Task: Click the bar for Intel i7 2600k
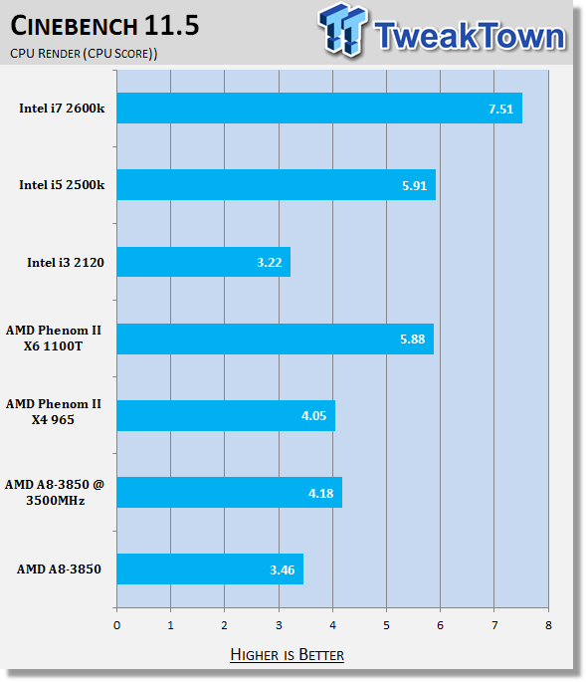pyautogui.click(x=319, y=108)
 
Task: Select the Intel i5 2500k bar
pyautogui.click(x=276, y=185)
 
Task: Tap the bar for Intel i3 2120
pyautogui.click(x=203, y=262)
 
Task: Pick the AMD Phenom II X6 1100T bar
pyautogui.click(x=276, y=339)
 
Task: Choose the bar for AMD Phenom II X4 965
pyautogui.click(x=226, y=416)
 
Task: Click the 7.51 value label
pyautogui.click(x=500, y=109)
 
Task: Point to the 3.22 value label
pyautogui.click(x=269, y=262)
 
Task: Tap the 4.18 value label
pyautogui.click(x=320, y=493)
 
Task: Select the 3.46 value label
pyautogui.click(x=283, y=569)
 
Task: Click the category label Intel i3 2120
pyautogui.click(x=66, y=262)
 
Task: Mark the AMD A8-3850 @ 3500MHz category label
pyautogui.click(x=55, y=493)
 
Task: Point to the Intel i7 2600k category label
pyautogui.click(x=62, y=108)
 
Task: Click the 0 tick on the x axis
pyautogui.click(x=117, y=625)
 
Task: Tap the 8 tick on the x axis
pyautogui.click(x=548, y=625)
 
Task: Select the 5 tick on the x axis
pyautogui.click(x=386, y=625)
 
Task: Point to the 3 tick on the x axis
pyautogui.click(x=279, y=625)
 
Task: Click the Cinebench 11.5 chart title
pyautogui.click(x=104, y=26)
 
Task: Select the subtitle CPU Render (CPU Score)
pyautogui.click(x=84, y=54)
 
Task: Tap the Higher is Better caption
pyautogui.click(x=287, y=654)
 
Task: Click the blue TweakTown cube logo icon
pyautogui.click(x=343, y=30)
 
